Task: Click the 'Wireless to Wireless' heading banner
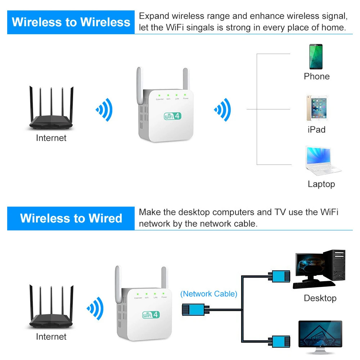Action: (71, 22)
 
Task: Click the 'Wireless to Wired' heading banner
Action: (71, 218)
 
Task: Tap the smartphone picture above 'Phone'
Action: (316, 57)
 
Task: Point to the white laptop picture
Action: (321, 161)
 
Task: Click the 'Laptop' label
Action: (321, 184)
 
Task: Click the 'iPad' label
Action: (316, 130)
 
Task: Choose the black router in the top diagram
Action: (51, 110)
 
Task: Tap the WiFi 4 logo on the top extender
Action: (172, 116)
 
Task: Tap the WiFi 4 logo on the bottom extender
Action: (151, 314)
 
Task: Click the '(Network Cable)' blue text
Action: (209, 294)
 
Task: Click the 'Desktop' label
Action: (320, 298)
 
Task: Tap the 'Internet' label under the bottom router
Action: (51, 337)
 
